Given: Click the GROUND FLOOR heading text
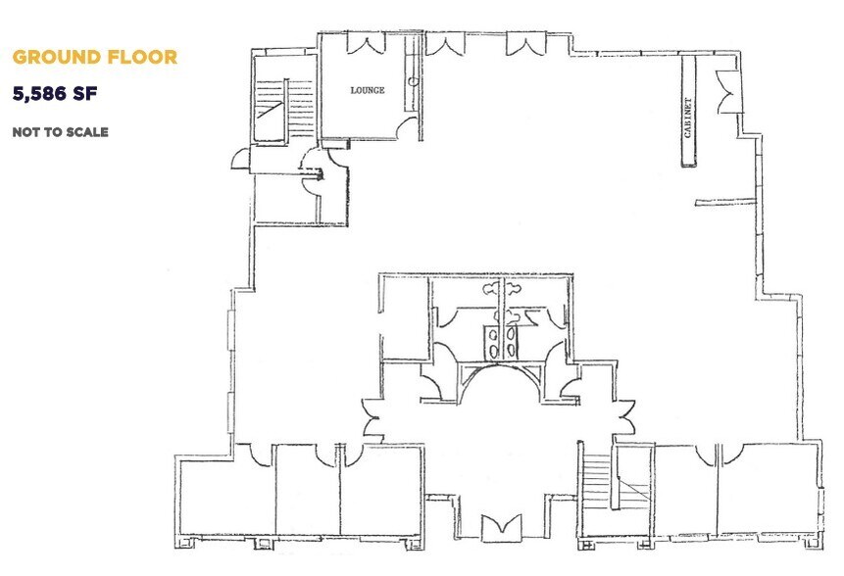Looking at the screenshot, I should click(94, 57).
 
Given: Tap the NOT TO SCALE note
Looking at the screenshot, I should click(60, 131).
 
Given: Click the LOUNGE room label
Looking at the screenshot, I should click(368, 90).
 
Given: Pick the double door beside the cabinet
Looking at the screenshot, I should click(726, 92).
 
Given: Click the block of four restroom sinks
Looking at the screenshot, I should click(501, 339).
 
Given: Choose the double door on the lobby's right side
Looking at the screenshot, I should click(621, 418).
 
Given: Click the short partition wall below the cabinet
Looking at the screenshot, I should click(724, 203).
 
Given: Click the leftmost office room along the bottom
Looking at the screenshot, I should click(226, 495).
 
